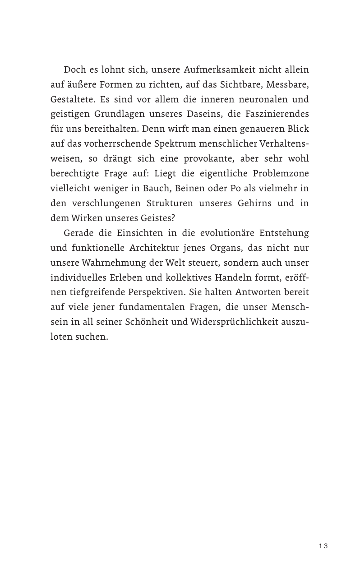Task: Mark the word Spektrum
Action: click(x=173, y=143)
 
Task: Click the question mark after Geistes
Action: click(x=173, y=217)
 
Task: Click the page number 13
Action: click(x=323, y=546)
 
